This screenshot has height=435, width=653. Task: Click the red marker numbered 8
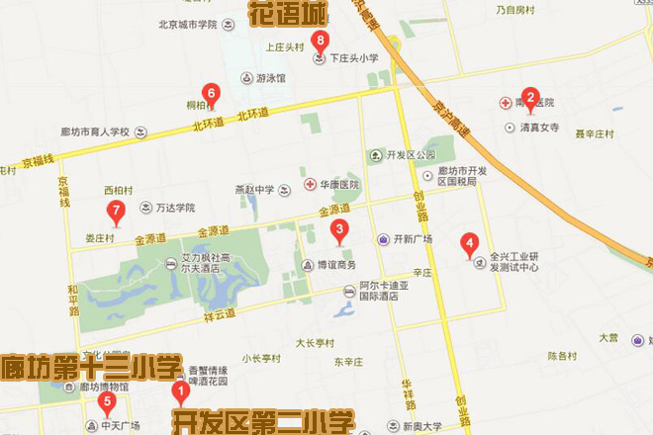(x=319, y=42)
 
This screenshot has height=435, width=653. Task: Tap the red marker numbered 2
(x=530, y=98)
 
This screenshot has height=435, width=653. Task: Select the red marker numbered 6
(x=210, y=94)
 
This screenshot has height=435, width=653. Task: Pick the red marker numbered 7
(x=116, y=211)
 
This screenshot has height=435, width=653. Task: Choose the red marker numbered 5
(x=108, y=401)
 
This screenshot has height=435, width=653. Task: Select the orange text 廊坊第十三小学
(x=91, y=365)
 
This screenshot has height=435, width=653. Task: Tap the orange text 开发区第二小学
(x=263, y=423)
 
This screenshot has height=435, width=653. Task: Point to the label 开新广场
(x=414, y=239)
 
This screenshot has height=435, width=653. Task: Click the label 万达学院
(x=175, y=209)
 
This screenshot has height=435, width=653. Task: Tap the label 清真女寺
(x=539, y=128)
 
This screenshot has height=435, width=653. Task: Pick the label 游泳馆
(x=269, y=78)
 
